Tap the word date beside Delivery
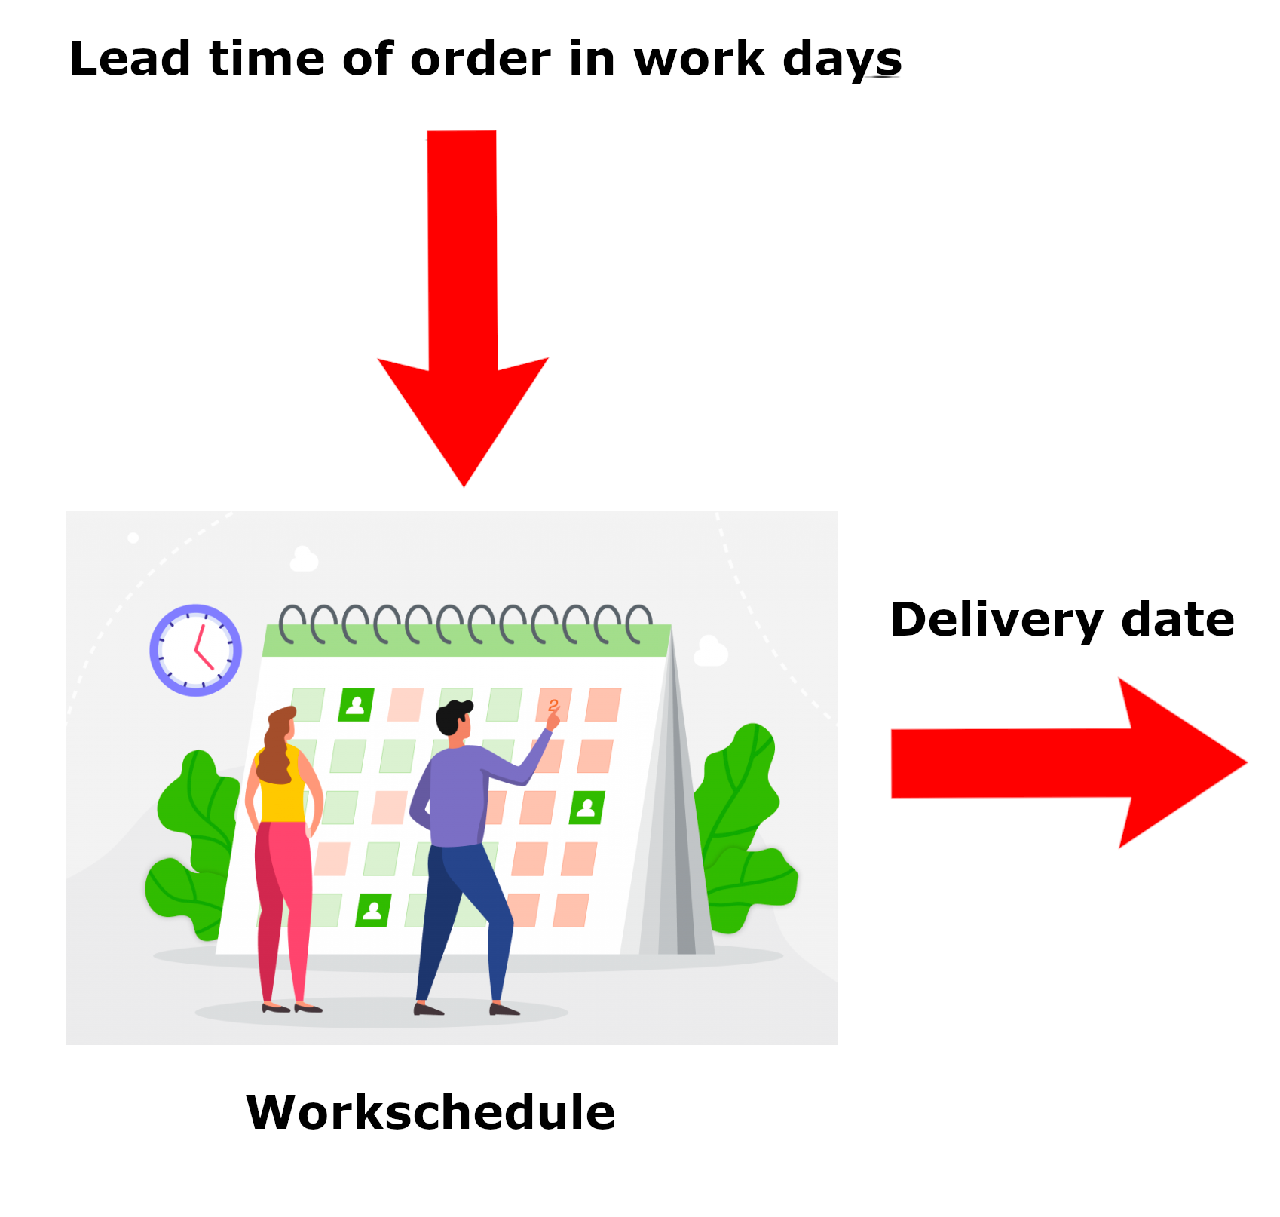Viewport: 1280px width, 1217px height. (1177, 620)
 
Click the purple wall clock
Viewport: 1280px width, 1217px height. (196, 650)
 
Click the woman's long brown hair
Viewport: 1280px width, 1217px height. (277, 746)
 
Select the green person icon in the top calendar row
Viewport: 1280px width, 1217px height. (356, 705)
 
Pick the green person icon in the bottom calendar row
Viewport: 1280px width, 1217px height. (373, 910)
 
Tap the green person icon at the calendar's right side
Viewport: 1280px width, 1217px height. (586, 808)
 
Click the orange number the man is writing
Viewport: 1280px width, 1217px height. (554, 706)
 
